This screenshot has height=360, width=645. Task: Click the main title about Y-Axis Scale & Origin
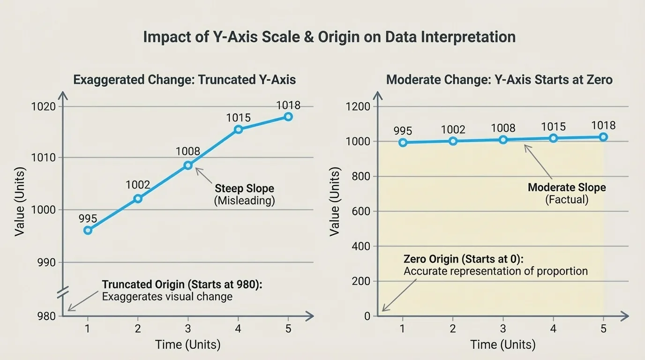(329, 37)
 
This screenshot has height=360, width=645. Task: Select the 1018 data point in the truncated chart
(288, 117)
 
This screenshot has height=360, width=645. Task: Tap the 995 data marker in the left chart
(88, 230)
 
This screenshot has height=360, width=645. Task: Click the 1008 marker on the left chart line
(188, 165)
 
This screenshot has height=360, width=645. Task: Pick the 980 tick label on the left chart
(46, 316)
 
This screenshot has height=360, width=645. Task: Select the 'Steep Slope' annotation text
(244, 188)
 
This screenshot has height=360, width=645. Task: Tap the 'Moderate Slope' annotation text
(567, 187)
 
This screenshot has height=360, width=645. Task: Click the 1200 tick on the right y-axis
(358, 106)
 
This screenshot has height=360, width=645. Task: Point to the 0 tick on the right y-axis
(367, 316)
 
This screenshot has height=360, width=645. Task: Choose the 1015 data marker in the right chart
(553, 138)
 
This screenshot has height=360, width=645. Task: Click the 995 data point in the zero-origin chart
(403, 142)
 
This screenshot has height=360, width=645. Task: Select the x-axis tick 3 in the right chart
(503, 329)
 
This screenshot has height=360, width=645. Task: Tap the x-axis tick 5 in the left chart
(288, 329)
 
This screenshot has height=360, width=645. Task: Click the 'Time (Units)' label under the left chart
(187, 345)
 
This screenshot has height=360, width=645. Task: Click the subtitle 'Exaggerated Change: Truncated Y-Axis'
(184, 79)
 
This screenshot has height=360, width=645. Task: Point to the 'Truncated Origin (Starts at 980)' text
(181, 285)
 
